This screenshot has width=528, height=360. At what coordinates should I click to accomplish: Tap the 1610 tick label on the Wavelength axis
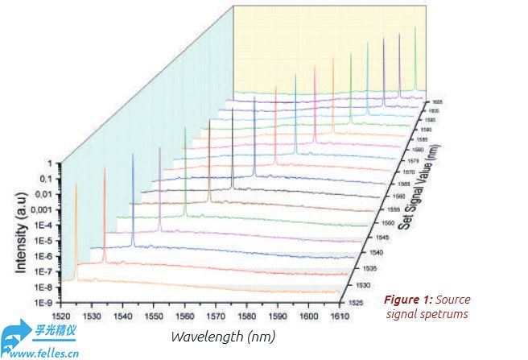(x=340, y=316)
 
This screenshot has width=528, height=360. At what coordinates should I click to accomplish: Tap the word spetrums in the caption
(x=441, y=315)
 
